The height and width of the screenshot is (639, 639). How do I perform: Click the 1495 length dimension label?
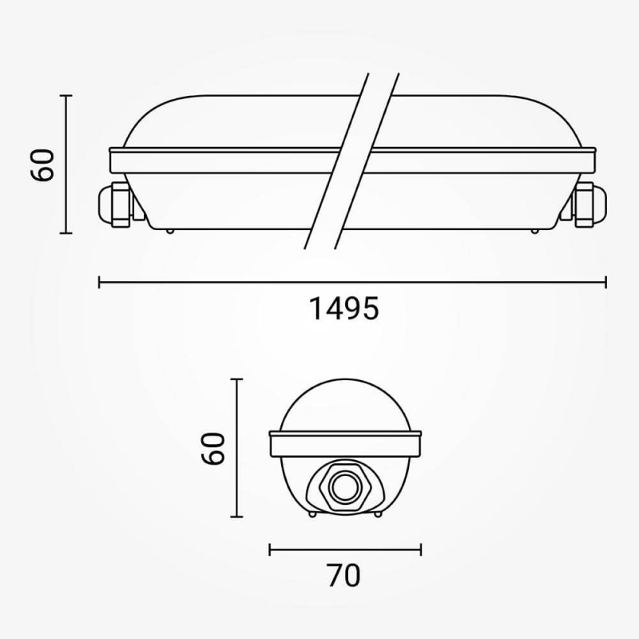(343, 308)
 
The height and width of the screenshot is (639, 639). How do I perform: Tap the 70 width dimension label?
(343, 574)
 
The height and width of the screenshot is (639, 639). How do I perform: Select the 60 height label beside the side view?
(43, 165)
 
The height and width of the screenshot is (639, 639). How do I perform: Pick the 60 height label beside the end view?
(212, 448)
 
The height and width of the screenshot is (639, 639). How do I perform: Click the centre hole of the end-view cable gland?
(343, 486)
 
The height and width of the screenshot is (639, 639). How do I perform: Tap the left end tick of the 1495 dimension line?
(98, 282)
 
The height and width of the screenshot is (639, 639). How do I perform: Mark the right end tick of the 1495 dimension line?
(606, 282)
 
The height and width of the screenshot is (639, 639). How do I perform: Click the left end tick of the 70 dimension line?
(270, 549)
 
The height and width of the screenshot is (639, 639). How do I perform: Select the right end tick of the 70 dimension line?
(421, 549)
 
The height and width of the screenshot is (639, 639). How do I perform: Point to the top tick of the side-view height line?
(66, 95)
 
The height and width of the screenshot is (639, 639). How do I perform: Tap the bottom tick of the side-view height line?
(66, 233)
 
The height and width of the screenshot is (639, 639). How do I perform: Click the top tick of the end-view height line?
(236, 379)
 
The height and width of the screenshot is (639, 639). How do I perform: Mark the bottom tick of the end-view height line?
(236, 517)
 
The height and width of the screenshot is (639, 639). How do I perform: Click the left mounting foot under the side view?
(169, 232)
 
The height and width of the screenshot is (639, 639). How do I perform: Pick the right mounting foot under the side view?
(534, 232)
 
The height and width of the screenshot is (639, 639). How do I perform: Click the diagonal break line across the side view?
(351, 160)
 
